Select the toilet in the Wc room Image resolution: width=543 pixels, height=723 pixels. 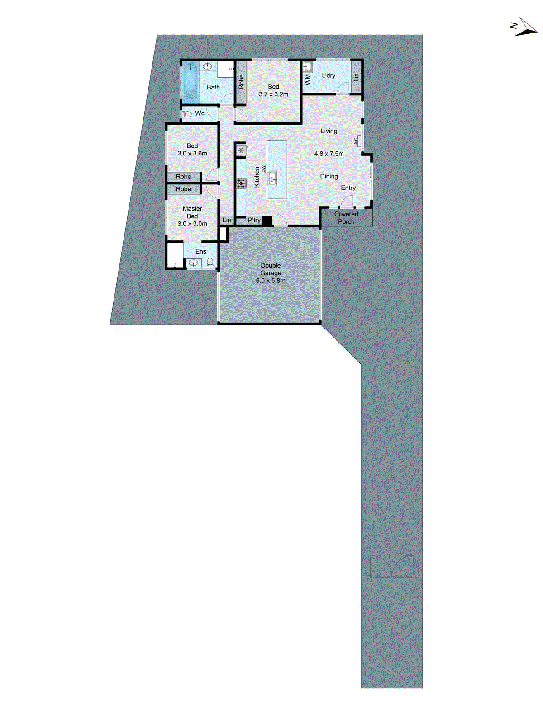point(186,114)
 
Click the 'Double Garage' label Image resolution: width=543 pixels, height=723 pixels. point(271,269)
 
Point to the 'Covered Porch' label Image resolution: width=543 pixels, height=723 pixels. point(346,218)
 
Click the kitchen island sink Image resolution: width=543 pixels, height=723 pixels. point(272,178)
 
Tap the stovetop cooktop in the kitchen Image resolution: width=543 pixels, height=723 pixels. point(241,183)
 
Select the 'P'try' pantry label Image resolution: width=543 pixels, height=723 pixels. point(254,220)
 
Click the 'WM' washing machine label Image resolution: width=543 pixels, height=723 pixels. point(308,80)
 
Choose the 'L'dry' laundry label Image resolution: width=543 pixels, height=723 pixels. point(329,75)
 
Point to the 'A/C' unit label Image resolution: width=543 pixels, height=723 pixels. point(357,141)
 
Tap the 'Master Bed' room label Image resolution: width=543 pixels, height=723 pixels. point(192,212)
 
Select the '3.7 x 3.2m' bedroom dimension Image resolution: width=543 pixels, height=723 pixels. point(273,94)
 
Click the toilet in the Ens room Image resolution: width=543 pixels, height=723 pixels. point(210,262)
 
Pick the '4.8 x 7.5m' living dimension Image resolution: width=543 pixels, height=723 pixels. point(329,154)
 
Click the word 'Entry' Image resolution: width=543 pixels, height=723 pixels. point(348,188)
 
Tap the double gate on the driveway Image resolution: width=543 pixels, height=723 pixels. point(392,567)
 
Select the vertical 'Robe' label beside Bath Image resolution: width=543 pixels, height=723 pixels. point(241,81)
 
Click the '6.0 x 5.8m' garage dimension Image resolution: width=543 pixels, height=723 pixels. point(271,281)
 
